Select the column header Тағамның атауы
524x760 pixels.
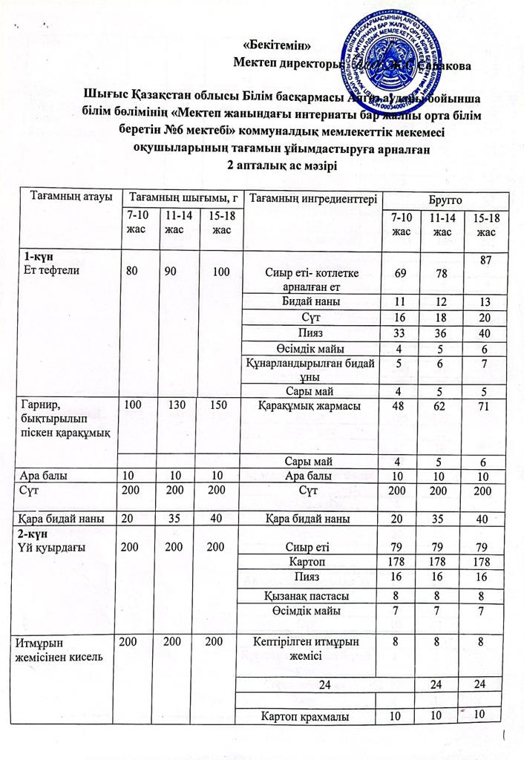click(71, 197)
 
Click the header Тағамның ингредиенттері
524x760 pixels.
click(315, 197)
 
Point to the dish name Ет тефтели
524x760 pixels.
click(54, 269)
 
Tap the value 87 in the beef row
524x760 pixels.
click(486, 261)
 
